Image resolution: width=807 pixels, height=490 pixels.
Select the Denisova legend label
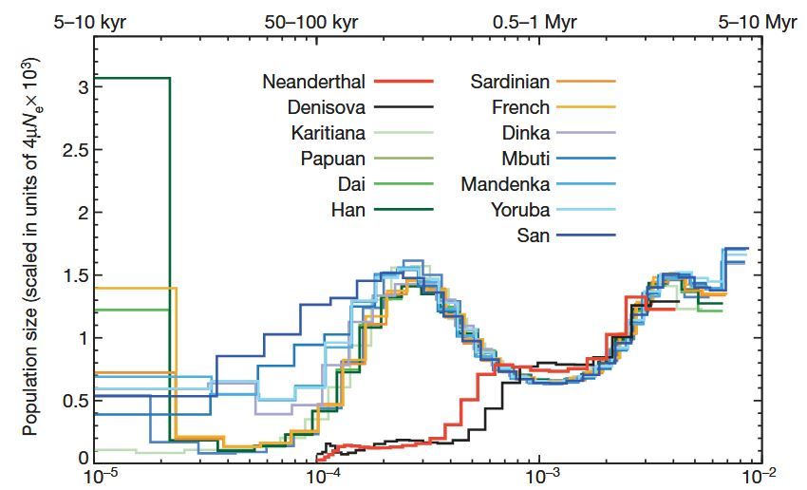click(x=321, y=107)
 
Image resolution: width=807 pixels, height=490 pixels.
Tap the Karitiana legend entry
click(x=322, y=133)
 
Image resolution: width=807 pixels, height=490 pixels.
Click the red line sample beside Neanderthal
click(x=403, y=82)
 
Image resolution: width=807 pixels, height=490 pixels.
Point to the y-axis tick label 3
click(x=83, y=87)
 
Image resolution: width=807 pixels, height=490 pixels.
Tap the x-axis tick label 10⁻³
click(x=541, y=478)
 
